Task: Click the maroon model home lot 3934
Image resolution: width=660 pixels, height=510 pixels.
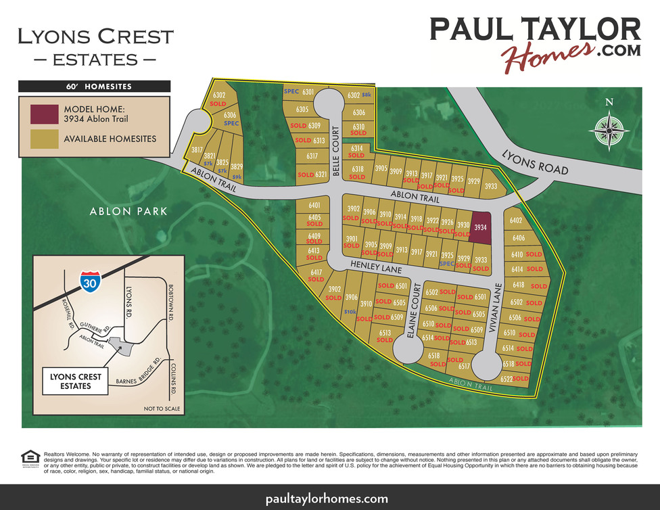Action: point(481,228)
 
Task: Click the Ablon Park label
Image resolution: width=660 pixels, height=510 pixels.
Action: point(128,212)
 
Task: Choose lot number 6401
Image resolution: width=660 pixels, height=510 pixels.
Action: point(314,205)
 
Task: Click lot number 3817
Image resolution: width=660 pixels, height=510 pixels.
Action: point(197,150)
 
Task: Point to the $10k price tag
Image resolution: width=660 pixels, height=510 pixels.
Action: point(350,311)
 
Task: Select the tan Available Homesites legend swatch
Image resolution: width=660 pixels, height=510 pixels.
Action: point(43,139)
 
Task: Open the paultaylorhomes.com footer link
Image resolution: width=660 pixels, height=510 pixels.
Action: point(329,499)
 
